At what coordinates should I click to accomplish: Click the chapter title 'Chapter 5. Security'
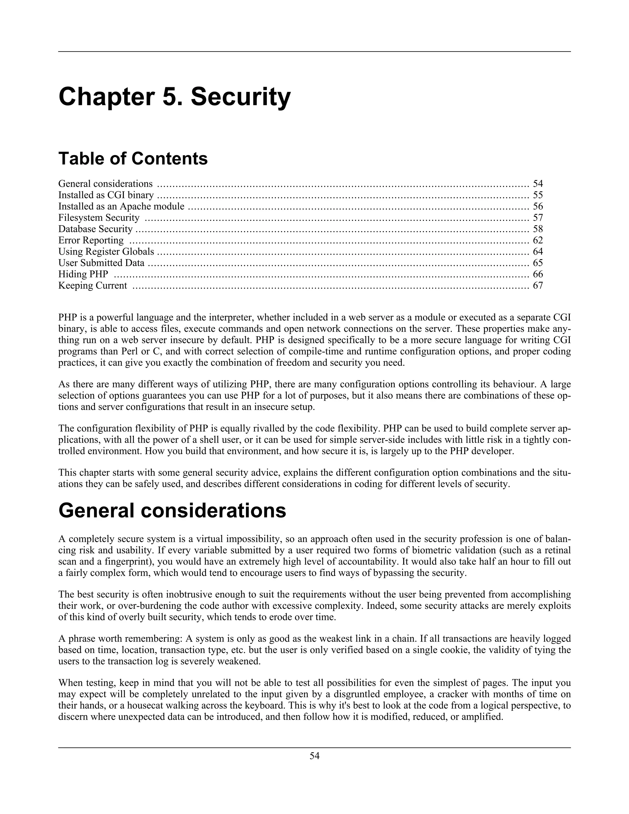(174, 97)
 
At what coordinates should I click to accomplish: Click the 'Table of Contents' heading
(133, 158)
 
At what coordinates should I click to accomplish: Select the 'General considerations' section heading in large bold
(172, 511)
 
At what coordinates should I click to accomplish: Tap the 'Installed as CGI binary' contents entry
(106, 195)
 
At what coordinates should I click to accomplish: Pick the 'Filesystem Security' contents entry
(99, 218)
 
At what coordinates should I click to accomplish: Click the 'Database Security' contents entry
(96, 229)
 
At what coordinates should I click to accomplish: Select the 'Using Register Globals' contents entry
(106, 252)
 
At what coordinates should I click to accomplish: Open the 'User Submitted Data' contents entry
(101, 263)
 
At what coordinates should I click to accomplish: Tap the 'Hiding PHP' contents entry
(83, 274)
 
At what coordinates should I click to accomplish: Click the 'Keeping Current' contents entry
(93, 285)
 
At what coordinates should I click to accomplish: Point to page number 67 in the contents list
(538, 285)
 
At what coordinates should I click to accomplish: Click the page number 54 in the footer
(314, 756)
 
